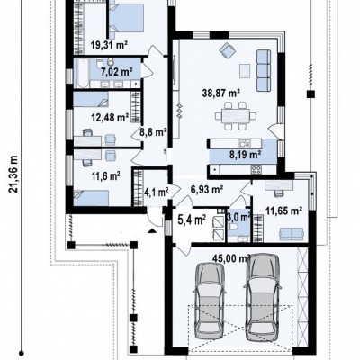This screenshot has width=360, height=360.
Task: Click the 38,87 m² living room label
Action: pyautogui.click(x=221, y=94)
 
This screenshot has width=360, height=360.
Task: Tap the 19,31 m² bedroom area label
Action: pyautogui.click(x=109, y=45)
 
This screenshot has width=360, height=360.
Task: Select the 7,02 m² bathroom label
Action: pyautogui.click(x=117, y=72)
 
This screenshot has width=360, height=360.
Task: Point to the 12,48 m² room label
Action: pyautogui.click(x=110, y=117)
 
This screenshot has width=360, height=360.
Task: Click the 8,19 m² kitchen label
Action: pyautogui.click(x=245, y=155)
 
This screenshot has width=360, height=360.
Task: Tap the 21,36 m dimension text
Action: pyautogui.click(x=14, y=175)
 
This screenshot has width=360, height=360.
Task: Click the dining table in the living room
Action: pyautogui.click(x=236, y=116)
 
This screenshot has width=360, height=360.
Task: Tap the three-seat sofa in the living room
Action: pyautogui.click(x=264, y=71)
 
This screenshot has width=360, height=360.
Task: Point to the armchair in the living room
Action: pyautogui.click(x=227, y=49)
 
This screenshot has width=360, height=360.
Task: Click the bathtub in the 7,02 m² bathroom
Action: pyautogui.click(x=82, y=73)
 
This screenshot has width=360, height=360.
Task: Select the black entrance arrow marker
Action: pyautogui.click(x=152, y=230)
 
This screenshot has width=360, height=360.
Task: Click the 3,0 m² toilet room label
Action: pyautogui.click(x=239, y=217)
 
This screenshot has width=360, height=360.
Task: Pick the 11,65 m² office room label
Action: pyautogui.click(x=283, y=211)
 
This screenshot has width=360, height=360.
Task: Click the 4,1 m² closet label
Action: pyautogui.click(x=157, y=191)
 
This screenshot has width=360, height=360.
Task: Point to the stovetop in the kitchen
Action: pyautogui.click(x=256, y=170)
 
